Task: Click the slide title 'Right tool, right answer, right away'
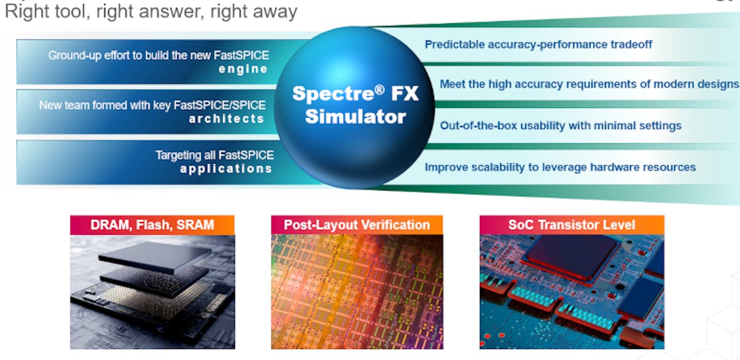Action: (151, 11)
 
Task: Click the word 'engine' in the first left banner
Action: (243, 69)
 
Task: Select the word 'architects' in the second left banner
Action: (226, 118)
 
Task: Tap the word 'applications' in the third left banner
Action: (226, 168)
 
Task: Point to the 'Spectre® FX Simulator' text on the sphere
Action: (355, 105)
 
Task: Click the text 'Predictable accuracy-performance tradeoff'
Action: (538, 44)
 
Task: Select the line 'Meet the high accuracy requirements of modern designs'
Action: (589, 84)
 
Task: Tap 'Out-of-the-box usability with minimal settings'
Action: (561, 126)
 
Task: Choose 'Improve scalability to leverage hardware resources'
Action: (560, 167)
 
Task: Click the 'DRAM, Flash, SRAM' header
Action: (152, 225)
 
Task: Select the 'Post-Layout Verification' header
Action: (356, 225)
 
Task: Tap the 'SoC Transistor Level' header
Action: (571, 225)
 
